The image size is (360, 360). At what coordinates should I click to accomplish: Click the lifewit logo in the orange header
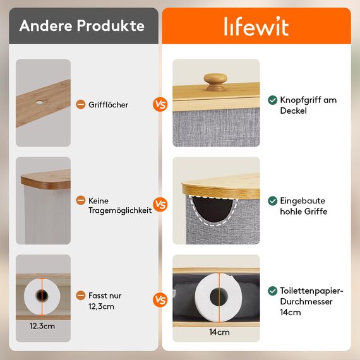pyautogui.click(x=256, y=27)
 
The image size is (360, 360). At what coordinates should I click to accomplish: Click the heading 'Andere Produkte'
pyautogui.click(x=81, y=26)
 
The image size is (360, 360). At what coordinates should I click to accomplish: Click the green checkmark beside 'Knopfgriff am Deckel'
pyautogui.click(x=272, y=100)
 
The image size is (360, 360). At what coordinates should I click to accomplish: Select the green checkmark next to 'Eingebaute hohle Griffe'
pyautogui.click(x=272, y=201)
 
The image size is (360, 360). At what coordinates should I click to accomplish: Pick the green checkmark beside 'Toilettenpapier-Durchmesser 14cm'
pyautogui.click(x=272, y=291)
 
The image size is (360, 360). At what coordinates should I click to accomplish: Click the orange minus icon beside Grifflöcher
pyautogui.click(x=80, y=105)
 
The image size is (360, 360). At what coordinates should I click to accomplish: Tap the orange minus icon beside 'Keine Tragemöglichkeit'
pyautogui.click(x=80, y=200)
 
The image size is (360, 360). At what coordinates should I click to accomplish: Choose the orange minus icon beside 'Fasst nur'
pyautogui.click(x=80, y=296)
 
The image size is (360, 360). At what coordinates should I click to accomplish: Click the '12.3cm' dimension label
pyautogui.click(x=42, y=327)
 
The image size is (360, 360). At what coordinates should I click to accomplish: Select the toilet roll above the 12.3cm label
pyautogui.click(x=42, y=294)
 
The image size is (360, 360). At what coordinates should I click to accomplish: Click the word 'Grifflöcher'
pyautogui.click(x=108, y=105)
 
